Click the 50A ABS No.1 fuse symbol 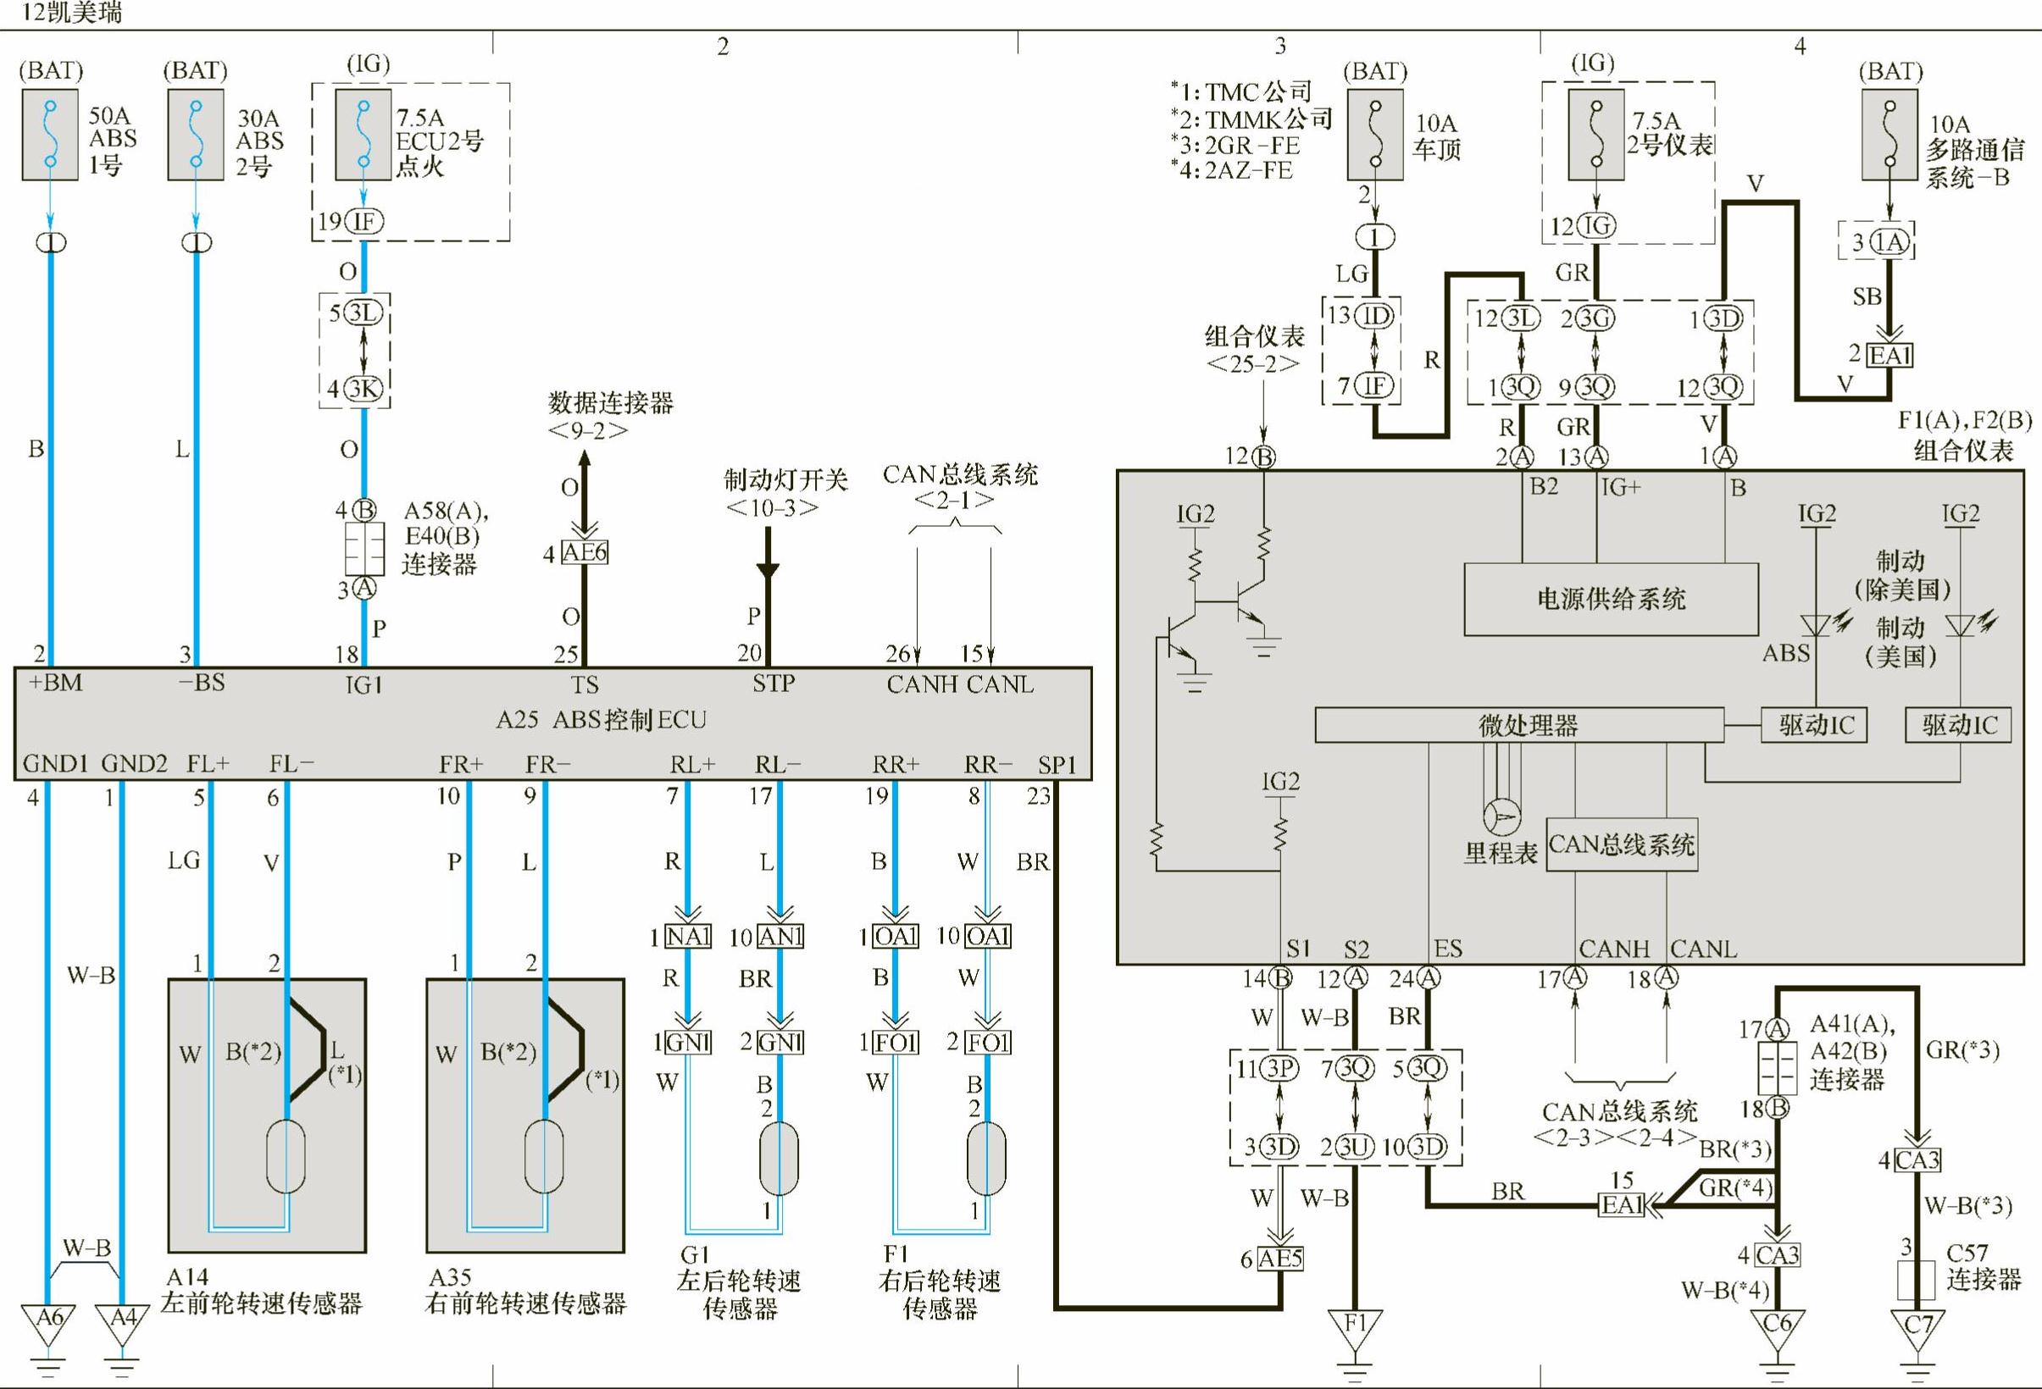pyautogui.click(x=50, y=135)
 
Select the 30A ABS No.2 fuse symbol pyautogui.click(x=196, y=135)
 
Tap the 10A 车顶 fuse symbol pyautogui.click(x=1375, y=135)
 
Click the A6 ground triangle pyautogui.click(x=49, y=1321)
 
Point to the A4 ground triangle pyautogui.click(x=122, y=1321)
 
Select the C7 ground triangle pyautogui.click(x=1917, y=1326)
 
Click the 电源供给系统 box pyautogui.click(x=1611, y=599)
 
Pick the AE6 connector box pyautogui.click(x=585, y=552)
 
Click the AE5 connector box pyautogui.click(x=1280, y=1259)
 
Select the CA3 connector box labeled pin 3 pyautogui.click(x=1917, y=1160)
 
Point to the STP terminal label pyautogui.click(x=774, y=683)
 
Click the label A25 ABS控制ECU pyautogui.click(x=601, y=721)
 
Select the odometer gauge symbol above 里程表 pyautogui.click(x=1501, y=816)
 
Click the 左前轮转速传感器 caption pyautogui.click(x=262, y=1303)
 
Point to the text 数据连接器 pyautogui.click(x=611, y=403)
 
